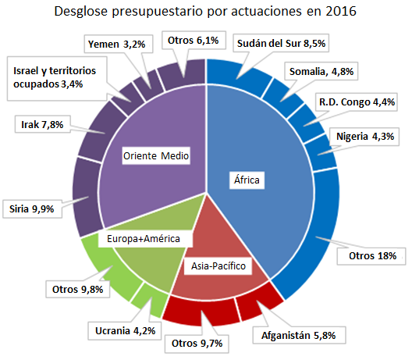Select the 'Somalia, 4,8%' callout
tap(321, 73)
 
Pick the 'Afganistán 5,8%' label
tap(297, 337)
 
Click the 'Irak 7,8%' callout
tap(41, 123)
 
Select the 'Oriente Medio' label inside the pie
tap(157, 155)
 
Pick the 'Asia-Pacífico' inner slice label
tap(218, 266)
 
